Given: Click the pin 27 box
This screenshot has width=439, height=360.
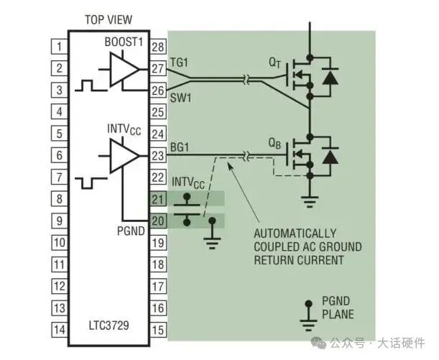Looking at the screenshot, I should (157, 69).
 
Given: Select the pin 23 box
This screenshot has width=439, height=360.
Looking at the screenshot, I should (157, 155).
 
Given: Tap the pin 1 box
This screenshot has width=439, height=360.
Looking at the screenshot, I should (58, 47).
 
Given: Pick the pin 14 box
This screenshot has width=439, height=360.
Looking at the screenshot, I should (58, 329).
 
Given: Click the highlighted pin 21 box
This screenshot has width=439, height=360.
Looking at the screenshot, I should (157, 199).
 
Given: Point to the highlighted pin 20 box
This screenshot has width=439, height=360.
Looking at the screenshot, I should (157, 221).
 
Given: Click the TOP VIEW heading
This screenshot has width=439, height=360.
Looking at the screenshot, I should (108, 19).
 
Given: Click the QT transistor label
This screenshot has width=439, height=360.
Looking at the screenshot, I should (275, 62).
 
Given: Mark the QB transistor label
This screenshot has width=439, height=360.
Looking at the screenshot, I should (275, 142).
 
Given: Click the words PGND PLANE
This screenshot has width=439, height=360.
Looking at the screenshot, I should (337, 310).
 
